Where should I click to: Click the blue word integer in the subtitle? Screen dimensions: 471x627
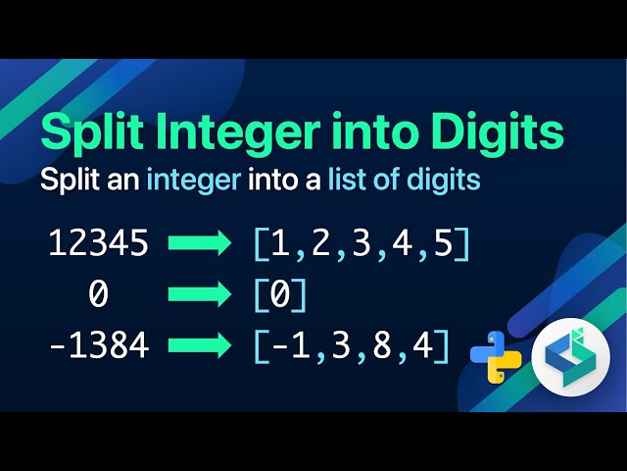[x=192, y=182]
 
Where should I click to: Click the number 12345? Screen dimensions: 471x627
[x=98, y=243]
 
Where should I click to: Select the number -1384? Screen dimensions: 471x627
[x=98, y=344]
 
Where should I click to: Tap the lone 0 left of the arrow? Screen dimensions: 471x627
[x=98, y=294]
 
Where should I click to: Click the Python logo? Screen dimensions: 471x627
[x=495, y=356]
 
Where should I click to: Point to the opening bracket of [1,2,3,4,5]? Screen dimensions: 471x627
[x=260, y=243]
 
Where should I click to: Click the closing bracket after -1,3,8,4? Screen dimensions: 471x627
[x=444, y=344]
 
